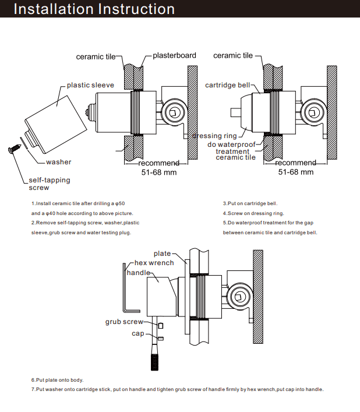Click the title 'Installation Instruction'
tap(94, 9)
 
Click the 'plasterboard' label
tap(174, 56)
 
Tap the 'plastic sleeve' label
tap(90, 85)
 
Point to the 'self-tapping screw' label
tap(49, 184)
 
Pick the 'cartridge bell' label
tap(228, 85)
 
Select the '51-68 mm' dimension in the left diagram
tap(158, 172)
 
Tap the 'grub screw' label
tap(124, 322)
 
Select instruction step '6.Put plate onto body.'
tap(58, 380)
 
